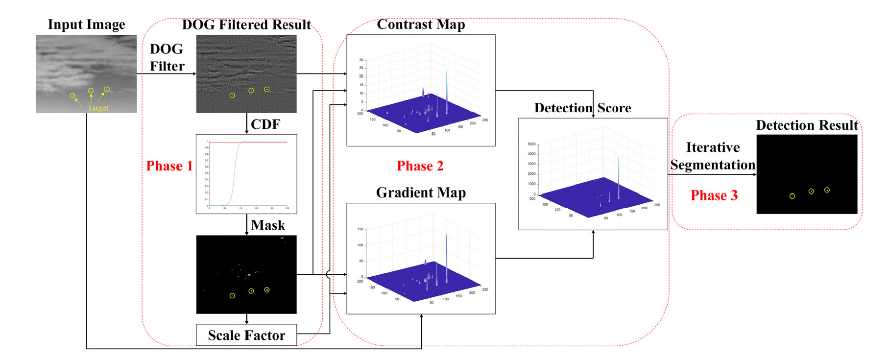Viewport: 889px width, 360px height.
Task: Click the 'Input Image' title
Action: pos(86,24)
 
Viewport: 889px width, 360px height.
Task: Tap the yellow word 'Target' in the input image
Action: pos(98,108)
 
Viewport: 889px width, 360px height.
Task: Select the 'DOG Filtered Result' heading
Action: pos(246,24)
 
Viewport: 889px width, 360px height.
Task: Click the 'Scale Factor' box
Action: pos(246,335)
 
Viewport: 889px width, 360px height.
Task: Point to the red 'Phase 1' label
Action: pos(169,166)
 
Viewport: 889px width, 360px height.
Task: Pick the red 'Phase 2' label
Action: pos(420,166)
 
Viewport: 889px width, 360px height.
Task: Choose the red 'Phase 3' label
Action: pos(714,195)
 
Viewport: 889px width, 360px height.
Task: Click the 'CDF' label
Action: pos(265,124)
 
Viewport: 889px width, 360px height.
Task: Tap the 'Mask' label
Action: pos(267,225)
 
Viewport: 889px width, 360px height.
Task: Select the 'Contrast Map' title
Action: pos(421,24)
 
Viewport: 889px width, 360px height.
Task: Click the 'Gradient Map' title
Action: pos(421,192)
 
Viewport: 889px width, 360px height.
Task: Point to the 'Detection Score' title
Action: pos(582,108)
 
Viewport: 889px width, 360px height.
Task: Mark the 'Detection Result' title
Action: pos(807,125)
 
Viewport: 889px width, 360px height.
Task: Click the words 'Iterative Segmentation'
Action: pos(713,156)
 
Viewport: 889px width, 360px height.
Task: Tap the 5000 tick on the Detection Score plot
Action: pos(531,144)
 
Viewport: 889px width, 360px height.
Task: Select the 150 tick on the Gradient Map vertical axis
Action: pos(360,229)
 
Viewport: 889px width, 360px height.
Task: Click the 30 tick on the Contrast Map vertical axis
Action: pos(361,60)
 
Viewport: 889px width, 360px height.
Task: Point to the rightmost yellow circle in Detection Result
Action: pos(827,190)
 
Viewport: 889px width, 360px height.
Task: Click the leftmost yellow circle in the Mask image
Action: pos(232,296)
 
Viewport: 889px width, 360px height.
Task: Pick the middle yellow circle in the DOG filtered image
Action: pos(251,91)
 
